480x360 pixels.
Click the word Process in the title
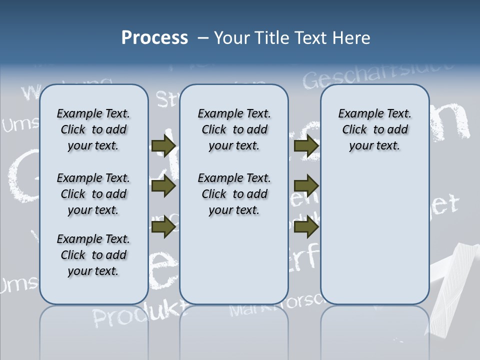pos(154,38)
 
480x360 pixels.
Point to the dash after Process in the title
pos(202,38)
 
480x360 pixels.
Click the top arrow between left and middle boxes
pos(163,145)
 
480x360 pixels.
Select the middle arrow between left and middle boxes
pos(163,186)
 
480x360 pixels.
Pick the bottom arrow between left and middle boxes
pos(163,227)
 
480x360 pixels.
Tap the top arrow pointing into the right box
pos(306,145)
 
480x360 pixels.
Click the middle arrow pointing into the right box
pos(306,186)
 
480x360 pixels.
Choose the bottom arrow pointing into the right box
pos(306,227)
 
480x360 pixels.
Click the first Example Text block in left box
pos(93,129)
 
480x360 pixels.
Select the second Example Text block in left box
pos(93,194)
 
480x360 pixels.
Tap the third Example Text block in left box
pos(93,255)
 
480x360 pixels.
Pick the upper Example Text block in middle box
pos(234,129)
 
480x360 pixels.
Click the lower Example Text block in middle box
pos(234,194)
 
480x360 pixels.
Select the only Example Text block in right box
pos(374,129)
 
